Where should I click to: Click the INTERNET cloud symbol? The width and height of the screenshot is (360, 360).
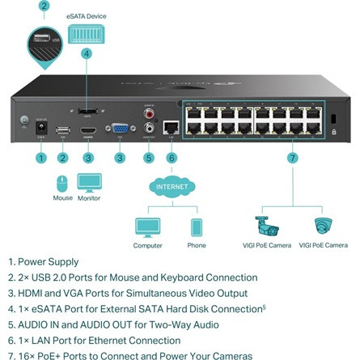tap(172, 188)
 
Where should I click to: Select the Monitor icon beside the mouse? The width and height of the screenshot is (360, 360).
tap(89, 181)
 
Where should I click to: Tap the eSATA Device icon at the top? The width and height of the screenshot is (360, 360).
tap(86, 32)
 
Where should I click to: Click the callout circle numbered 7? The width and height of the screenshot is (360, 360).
tap(292, 158)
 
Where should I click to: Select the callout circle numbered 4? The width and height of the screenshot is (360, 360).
tap(87, 54)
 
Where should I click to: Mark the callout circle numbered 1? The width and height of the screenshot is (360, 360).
tap(41, 158)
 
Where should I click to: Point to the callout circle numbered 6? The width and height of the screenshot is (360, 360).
tap(172, 158)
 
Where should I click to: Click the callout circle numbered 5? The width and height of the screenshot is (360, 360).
tap(148, 158)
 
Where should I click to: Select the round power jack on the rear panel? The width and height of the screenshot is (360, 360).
tap(40, 127)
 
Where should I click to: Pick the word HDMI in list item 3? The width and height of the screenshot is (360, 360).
tap(31, 294)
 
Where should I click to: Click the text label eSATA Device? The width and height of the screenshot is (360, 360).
tap(86, 15)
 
